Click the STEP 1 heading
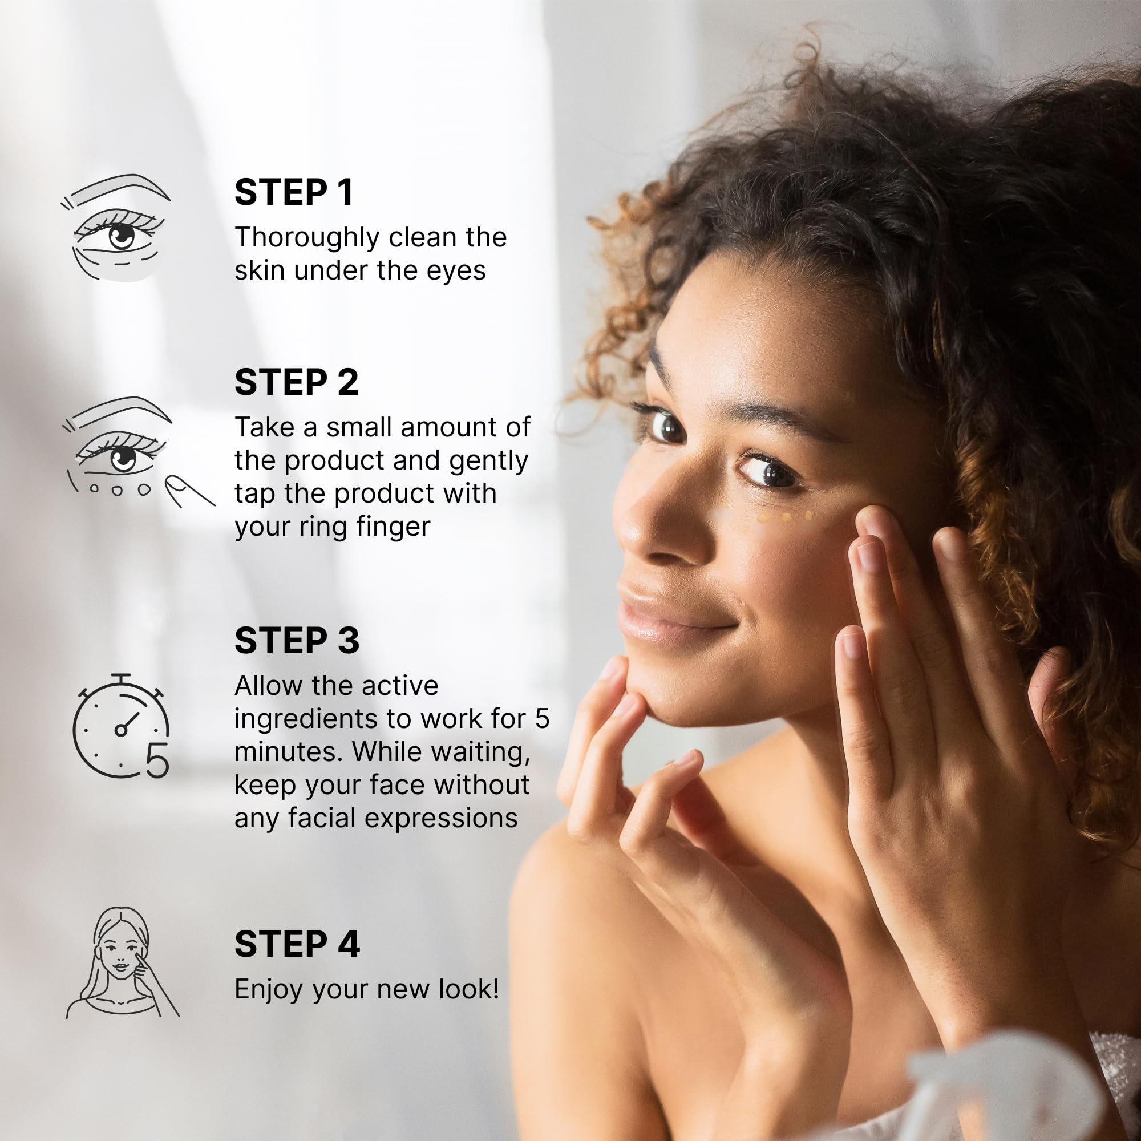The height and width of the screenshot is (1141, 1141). (293, 192)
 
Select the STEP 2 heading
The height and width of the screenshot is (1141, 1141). (297, 382)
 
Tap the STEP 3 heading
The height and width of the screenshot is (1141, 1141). (297, 640)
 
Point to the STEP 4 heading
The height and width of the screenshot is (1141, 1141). (297, 944)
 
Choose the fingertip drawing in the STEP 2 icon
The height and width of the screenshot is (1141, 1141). (189, 491)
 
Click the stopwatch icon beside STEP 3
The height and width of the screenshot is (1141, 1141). (121, 725)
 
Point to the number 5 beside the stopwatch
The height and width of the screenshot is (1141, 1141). (157, 760)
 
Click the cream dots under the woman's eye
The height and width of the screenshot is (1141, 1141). (786, 517)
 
